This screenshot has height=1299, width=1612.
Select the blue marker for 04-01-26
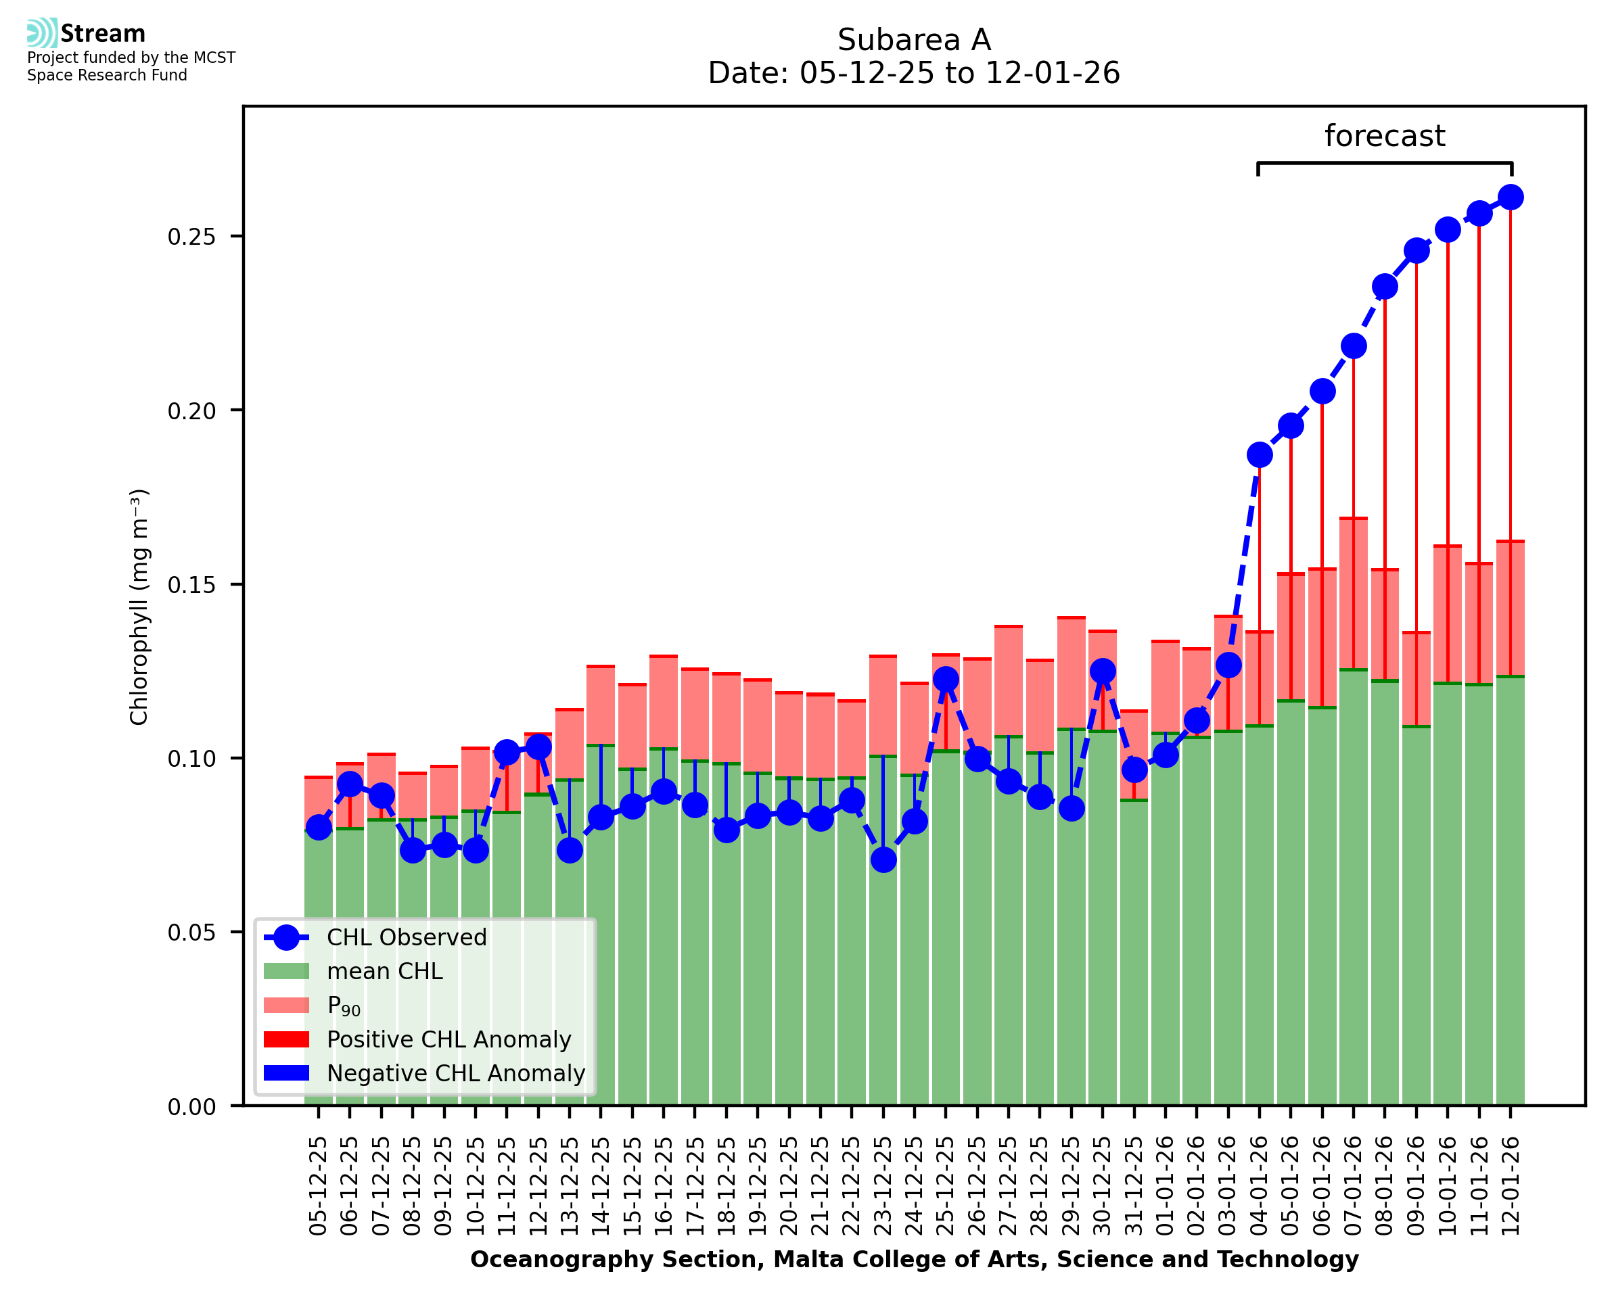point(1259,455)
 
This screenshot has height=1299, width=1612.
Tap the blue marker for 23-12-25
point(883,859)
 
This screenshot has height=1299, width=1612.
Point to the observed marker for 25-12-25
point(945,679)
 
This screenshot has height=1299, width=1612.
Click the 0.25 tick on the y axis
point(191,237)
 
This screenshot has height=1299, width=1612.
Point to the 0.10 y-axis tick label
point(191,759)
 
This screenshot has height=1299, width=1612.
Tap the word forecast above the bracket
point(1384,136)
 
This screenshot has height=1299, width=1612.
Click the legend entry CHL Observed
point(407,937)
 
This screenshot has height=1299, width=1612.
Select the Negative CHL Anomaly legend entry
point(455,1073)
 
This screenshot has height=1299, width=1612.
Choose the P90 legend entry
point(344,1006)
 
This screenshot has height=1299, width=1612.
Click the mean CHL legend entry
point(385,971)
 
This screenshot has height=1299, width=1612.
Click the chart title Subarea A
point(913,40)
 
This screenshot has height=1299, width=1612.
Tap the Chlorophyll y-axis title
point(139,607)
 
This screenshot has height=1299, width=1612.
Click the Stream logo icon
point(42,33)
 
